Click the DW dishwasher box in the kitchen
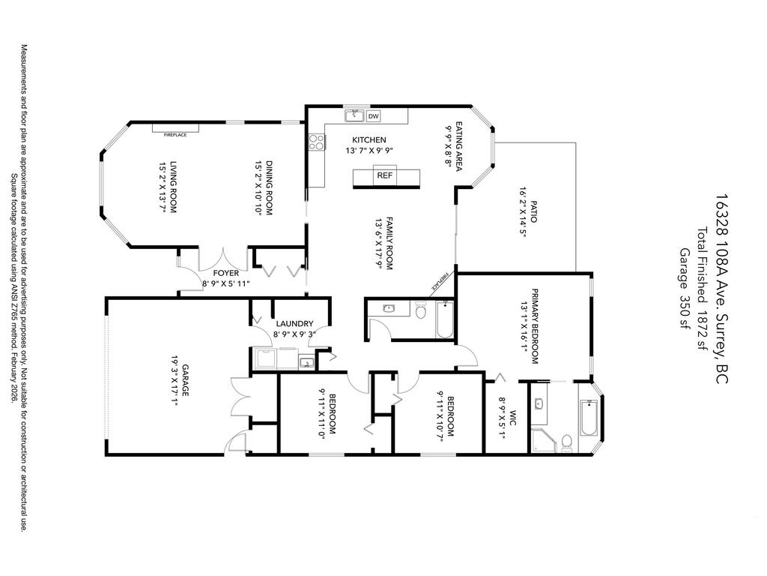373,116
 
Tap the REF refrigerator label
385,175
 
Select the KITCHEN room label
369,140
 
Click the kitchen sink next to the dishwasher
354,116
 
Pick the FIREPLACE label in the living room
170,134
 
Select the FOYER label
225,273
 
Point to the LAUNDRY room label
293,324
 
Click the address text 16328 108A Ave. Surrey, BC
721,289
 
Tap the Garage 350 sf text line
683,289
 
